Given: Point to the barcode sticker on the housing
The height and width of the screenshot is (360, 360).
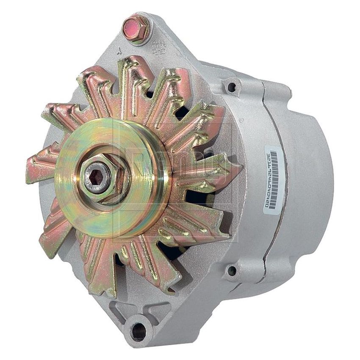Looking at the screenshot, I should [x=272, y=178].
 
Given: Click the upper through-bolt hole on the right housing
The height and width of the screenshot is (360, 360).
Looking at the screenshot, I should [x=231, y=87].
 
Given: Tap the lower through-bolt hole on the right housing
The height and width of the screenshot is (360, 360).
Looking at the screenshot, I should [x=231, y=269].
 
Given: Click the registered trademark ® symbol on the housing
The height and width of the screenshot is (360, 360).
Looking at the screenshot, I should [x=241, y=120].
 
